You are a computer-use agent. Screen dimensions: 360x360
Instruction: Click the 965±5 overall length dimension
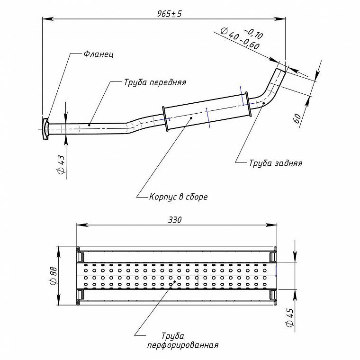click(170, 14)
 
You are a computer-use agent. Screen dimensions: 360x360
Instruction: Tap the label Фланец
click(99, 54)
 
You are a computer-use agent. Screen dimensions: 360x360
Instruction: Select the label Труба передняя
click(155, 82)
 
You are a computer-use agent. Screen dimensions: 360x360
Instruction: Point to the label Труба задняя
click(276, 163)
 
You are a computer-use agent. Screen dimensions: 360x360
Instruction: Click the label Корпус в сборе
click(179, 197)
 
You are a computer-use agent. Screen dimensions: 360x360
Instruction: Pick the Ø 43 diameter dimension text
click(61, 164)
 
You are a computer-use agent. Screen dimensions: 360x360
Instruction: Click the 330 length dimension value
click(175, 220)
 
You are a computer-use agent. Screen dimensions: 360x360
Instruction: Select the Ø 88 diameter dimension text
click(54, 276)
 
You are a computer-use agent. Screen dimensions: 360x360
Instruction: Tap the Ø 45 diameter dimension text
click(290, 317)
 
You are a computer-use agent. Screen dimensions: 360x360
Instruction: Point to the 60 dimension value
click(297, 118)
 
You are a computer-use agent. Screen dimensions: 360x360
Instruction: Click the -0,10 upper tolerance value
click(253, 34)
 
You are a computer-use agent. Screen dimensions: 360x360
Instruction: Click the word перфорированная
click(183, 345)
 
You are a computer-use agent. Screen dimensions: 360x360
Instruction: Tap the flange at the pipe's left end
click(45, 129)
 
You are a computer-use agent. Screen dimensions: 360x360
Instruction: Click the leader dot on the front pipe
click(89, 125)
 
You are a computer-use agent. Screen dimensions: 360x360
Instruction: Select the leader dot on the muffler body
click(191, 118)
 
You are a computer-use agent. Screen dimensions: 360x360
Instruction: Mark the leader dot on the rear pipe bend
click(263, 103)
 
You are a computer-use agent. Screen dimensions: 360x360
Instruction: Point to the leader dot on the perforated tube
click(175, 281)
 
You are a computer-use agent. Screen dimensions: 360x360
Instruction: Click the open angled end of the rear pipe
click(280, 71)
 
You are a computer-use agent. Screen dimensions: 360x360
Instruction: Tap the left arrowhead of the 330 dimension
click(82, 225)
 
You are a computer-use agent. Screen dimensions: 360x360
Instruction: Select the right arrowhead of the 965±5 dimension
click(280, 19)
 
